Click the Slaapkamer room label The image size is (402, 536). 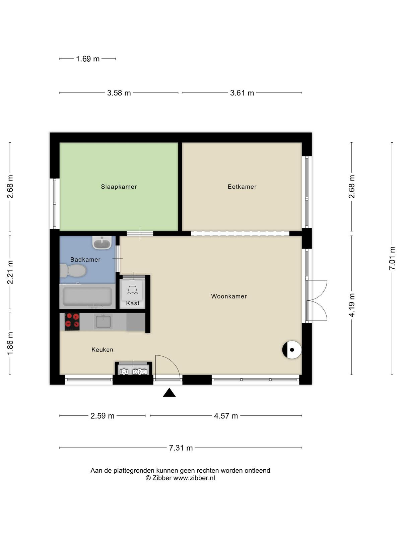[119, 187]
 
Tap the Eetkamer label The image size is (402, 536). [242, 187]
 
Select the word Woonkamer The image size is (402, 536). [229, 296]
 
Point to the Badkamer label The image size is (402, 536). [85, 260]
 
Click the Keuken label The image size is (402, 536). [102, 350]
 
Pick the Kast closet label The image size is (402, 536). [133, 303]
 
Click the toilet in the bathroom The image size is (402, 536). [73, 271]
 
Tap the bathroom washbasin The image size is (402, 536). [102, 243]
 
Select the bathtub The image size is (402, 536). [87, 296]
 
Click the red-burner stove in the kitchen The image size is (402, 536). [72, 322]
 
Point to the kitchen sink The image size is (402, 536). [103, 322]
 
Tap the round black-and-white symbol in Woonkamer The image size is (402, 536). [292, 350]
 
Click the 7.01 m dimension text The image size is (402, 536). [392, 258]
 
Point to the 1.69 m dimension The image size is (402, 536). [88, 59]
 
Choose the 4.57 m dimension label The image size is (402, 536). [226, 416]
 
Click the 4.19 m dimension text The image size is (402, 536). [351, 305]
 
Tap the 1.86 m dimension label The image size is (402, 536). [10, 344]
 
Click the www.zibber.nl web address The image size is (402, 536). [194, 478]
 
